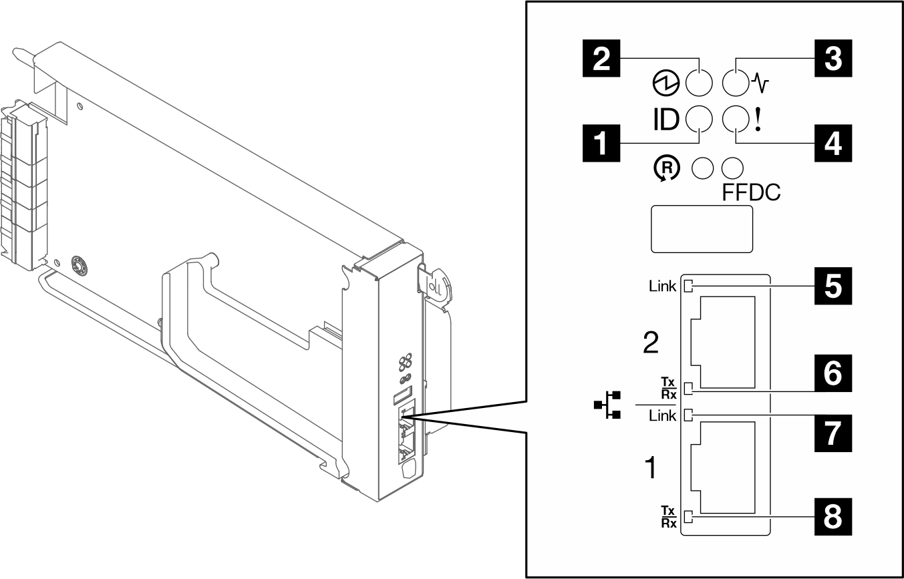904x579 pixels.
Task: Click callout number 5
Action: pos(832,286)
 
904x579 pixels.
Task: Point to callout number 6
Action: pos(832,373)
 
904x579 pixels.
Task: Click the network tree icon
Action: pos(608,406)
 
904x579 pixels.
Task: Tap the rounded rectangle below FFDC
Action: pos(702,228)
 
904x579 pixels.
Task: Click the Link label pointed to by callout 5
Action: pos(663,287)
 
